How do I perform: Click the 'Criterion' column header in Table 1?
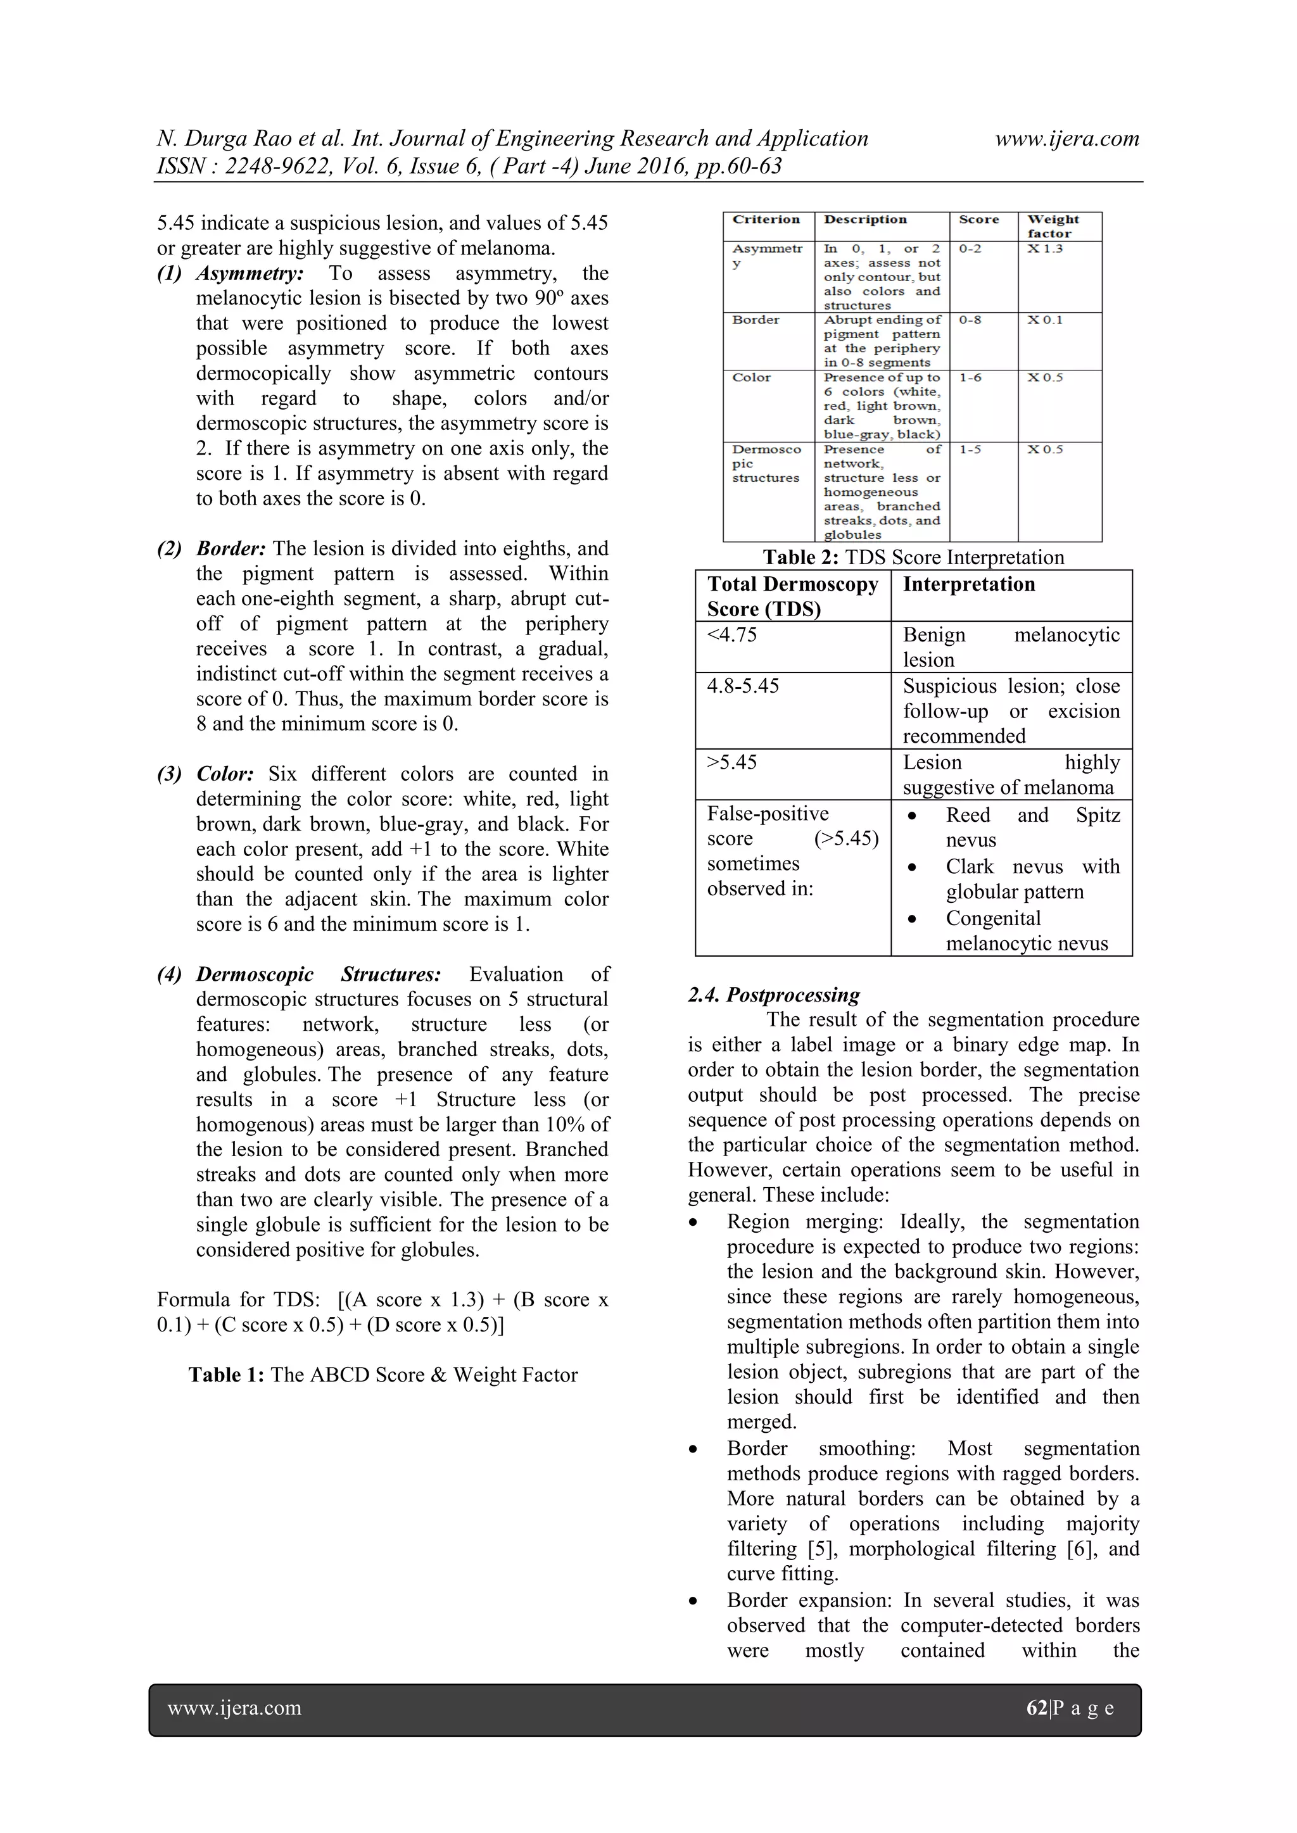pyautogui.click(x=766, y=220)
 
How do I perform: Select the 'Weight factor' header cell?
pyautogui.click(x=1053, y=226)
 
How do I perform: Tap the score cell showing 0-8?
pyautogui.click(x=970, y=320)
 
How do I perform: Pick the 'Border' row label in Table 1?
pyautogui.click(x=756, y=320)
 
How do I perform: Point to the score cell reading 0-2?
pyautogui.click(x=970, y=249)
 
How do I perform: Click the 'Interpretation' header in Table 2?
pyautogui.click(x=969, y=584)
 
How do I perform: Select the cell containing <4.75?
pyautogui.click(x=731, y=636)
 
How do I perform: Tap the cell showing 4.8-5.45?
pyautogui.click(x=743, y=686)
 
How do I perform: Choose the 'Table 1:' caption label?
pyautogui.click(x=226, y=1375)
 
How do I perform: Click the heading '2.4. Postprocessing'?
pyautogui.click(x=773, y=995)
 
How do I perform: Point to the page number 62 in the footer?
pyautogui.click(x=1037, y=1708)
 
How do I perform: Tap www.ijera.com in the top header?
pyautogui.click(x=1067, y=139)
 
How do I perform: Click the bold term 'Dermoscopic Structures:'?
pyautogui.click(x=319, y=974)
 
